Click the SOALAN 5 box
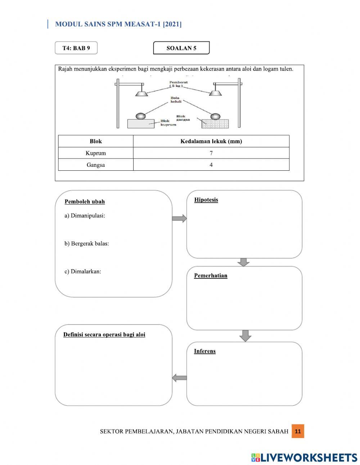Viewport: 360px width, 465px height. tap(181, 48)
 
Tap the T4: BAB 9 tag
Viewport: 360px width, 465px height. tap(76, 48)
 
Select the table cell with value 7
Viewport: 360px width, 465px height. tap(211, 153)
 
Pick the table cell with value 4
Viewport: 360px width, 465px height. tap(211, 165)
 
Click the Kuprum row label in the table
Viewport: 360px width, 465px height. tap(96, 153)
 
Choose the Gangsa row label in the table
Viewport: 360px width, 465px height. tap(96, 165)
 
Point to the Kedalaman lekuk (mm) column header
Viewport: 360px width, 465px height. tap(211, 141)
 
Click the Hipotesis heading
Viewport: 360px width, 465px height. tap(206, 200)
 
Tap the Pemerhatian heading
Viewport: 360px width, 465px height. tap(211, 276)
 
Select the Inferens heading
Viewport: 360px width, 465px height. tap(204, 351)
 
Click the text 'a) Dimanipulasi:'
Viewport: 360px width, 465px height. tap(85, 216)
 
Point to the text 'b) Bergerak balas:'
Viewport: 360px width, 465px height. tap(87, 243)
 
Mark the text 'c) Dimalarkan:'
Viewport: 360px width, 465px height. tap(83, 272)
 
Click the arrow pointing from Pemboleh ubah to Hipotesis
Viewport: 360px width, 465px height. tap(179, 218)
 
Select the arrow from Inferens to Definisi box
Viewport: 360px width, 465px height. tap(179, 378)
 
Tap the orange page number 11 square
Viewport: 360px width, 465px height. tap(298, 431)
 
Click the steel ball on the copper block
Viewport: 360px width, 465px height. tap(141, 116)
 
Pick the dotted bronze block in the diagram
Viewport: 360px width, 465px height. tap(215, 124)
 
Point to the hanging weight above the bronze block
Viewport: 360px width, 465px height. tap(215, 93)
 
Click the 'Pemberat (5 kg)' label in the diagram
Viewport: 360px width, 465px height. tap(178, 84)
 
